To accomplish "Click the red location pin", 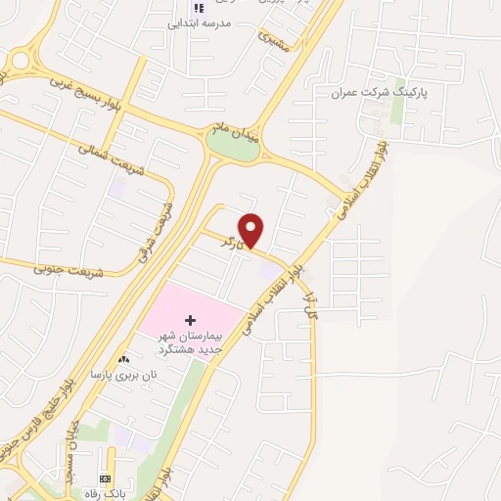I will tap(252, 229).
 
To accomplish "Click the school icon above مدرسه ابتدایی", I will tap(200, 7).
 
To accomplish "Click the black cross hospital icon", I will tap(190, 321).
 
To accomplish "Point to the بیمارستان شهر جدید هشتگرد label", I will tap(193, 342).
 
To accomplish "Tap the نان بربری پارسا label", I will tap(124, 375).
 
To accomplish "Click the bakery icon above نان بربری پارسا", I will tap(123, 360).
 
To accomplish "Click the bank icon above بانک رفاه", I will tap(105, 478).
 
